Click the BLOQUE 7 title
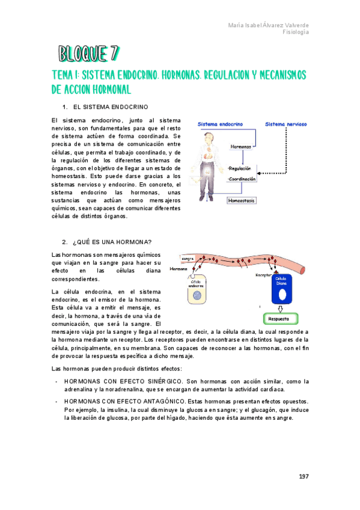(87, 54)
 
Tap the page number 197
(303, 476)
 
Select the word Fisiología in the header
(296, 32)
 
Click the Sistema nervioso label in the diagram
(287, 124)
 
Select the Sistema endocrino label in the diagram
(220, 124)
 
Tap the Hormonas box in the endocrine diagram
(240, 146)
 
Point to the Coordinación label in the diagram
(242, 179)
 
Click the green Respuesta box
(278, 318)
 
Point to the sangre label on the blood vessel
(179, 259)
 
